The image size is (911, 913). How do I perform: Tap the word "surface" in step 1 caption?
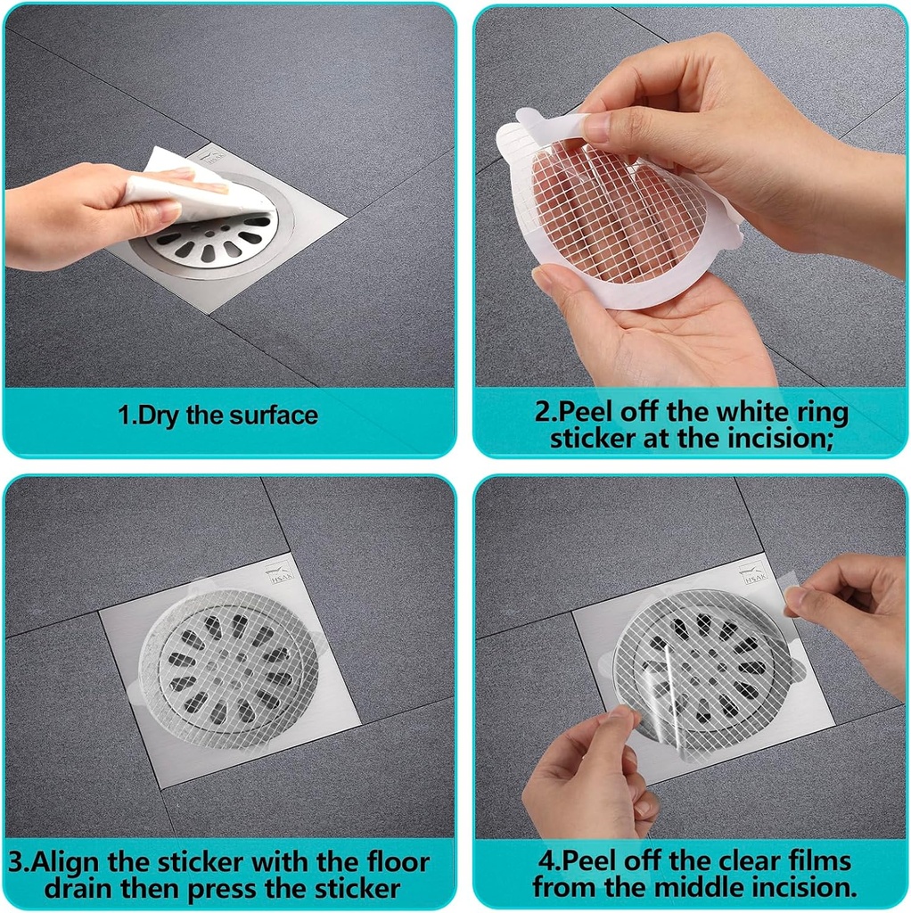(x=273, y=415)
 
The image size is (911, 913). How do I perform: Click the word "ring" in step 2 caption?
(x=821, y=414)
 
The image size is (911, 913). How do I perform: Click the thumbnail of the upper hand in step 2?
(x=596, y=127)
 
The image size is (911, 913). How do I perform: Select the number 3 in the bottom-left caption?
(x=18, y=863)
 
